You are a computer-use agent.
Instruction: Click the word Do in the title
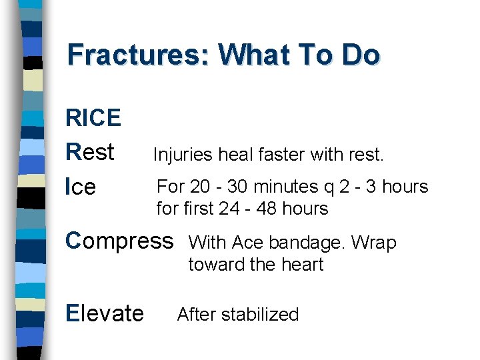(361, 55)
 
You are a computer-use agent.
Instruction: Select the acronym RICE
(93, 118)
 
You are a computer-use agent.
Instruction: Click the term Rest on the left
(90, 152)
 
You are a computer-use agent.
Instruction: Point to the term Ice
(81, 187)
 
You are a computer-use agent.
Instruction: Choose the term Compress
(119, 241)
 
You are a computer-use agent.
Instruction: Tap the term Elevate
(105, 313)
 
